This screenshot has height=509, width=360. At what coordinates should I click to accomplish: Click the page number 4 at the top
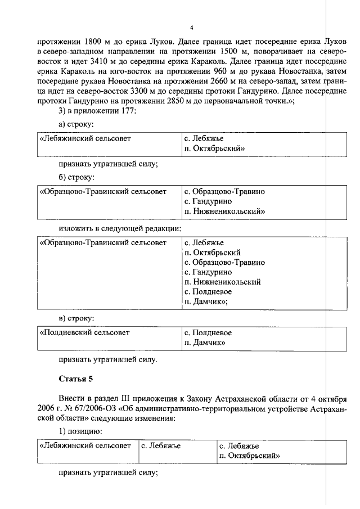(x=191, y=28)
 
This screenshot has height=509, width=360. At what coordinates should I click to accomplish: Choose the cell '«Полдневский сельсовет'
(x=84, y=332)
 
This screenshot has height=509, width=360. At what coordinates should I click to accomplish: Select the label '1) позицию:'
(x=80, y=433)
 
